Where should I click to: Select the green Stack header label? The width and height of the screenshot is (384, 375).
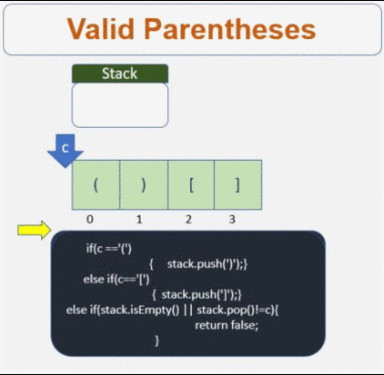coord(119,74)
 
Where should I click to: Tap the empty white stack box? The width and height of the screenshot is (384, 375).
coord(119,104)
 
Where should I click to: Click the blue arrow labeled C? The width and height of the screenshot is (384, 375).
coord(65,151)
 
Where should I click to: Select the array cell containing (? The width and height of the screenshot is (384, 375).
coord(96,184)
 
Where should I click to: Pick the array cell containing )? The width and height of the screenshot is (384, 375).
coord(143,184)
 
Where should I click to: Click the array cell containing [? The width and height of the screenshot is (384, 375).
coord(191,184)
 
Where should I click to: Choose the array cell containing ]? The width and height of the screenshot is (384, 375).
coord(238,184)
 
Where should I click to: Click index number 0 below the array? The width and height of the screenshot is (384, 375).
coord(90,219)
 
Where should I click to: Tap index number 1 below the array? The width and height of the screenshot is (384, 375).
coord(139,219)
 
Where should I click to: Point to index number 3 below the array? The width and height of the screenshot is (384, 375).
coord(233,219)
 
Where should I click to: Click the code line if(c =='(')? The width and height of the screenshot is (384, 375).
coord(109,248)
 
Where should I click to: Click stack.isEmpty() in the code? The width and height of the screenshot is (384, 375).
coord(147,310)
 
